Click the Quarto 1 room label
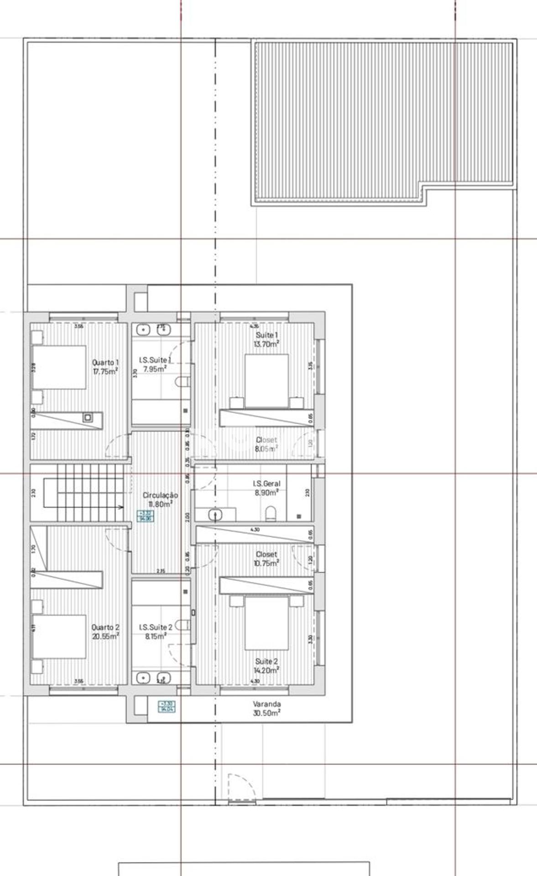point(105,362)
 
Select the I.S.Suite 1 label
point(155,360)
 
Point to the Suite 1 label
point(266,335)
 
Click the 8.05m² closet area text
point(266,448)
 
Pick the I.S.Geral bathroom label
point(266,484)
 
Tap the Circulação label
point(160,495)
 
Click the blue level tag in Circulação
point(146,516)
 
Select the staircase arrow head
point(120,507)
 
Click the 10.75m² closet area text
point(266,563)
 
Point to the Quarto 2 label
point(105,627)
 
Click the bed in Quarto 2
point(59,636)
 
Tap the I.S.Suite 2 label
point(156,627)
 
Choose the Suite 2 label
point(266,661)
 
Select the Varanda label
point(266,704)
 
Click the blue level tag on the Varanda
point(166,707)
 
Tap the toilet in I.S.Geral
point(271,514)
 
